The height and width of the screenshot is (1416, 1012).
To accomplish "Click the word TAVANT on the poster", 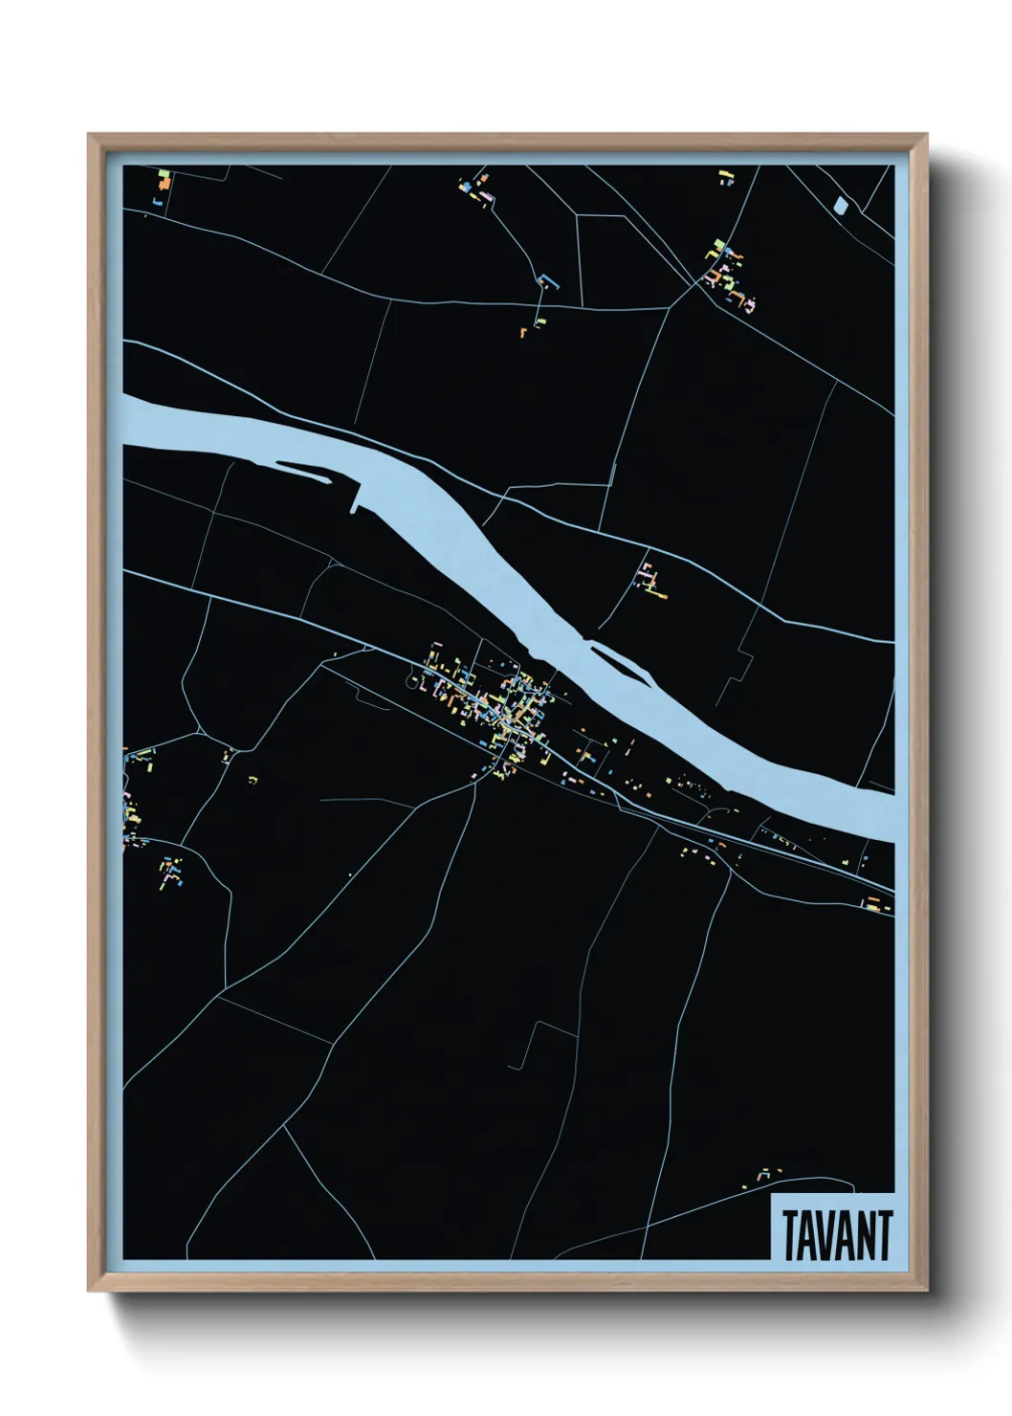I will (x=837, y=1234).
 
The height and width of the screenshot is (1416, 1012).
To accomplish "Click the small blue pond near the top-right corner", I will (x=841, y=204).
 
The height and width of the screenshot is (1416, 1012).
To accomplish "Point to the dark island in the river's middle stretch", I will (x=616, y=659).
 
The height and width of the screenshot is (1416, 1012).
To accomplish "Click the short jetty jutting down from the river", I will (x=358, y=498).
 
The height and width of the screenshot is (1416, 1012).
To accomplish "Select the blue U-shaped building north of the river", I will (x=548, y=281).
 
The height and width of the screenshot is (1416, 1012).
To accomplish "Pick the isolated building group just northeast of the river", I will (x=651, y=580).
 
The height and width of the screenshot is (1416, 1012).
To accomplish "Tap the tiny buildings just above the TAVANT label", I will (x=764, y=1174).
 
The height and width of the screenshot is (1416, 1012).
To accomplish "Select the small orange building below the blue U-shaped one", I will (x=524, y=332).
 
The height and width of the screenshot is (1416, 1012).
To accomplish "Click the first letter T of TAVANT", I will (x=792, y=1234).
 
